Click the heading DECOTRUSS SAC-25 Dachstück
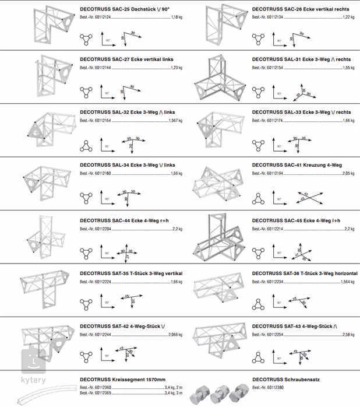point(122,10)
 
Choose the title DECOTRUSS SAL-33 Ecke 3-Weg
point(301,112)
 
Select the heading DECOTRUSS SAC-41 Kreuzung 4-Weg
point(297,165)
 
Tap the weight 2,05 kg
point(348,174)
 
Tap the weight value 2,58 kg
point(348,335)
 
